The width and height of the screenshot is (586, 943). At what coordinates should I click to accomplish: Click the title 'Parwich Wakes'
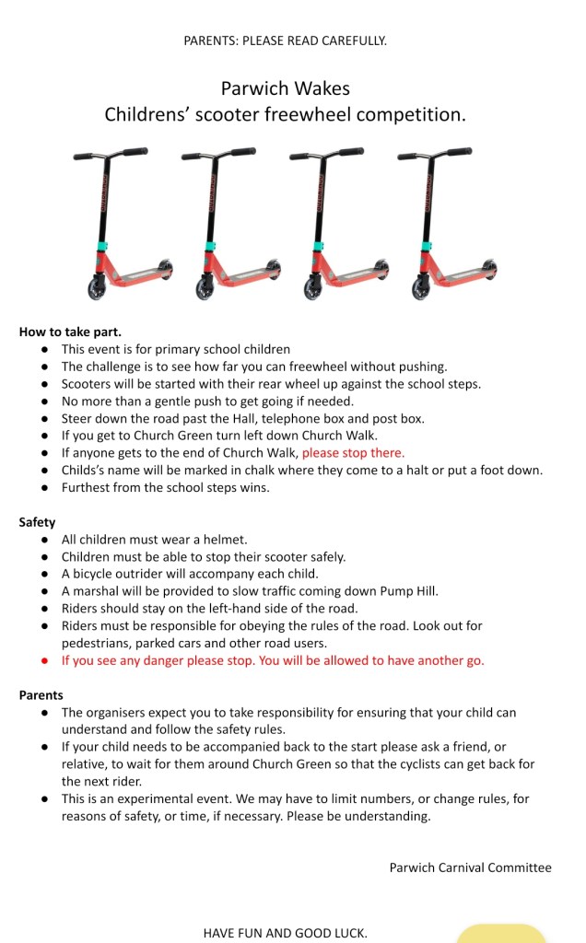point(285,89)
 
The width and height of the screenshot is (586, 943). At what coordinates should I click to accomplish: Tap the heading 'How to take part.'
point(70,332)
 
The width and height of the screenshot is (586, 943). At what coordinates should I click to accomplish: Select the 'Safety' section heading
point(37,522)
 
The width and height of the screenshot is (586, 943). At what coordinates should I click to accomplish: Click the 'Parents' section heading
point(41,695)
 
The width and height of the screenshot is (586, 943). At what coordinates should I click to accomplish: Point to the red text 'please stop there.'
point(353,452)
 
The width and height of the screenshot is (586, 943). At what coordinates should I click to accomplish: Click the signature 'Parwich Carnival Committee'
point(470,867)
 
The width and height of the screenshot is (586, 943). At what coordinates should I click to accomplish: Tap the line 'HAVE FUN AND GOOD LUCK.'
point(285,933)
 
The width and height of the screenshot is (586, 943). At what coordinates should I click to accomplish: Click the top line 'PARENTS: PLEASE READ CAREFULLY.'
point(285,41)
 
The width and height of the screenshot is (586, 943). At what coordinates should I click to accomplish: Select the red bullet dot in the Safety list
point(44,661)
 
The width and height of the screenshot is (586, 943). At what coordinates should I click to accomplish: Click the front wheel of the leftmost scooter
point(97,290)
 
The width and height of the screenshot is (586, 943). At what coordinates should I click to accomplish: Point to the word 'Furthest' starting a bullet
point(88,487)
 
